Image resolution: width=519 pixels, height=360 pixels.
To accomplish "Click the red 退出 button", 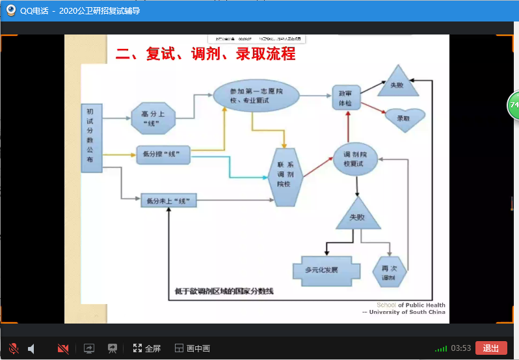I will [x=491, y=348].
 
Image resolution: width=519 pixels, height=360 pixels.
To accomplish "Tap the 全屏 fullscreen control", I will [x=147, y=348].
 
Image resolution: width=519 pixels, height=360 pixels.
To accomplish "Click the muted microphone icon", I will [x=13, y=348].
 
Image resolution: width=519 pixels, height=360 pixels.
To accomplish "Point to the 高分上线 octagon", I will [x=153, y=118].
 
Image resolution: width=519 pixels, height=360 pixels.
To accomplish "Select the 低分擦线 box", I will [x=163, y=154].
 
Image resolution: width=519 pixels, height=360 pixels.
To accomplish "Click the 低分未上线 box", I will [x=168, y=200].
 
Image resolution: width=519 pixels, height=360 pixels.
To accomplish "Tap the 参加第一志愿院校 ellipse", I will [x=256, y=96].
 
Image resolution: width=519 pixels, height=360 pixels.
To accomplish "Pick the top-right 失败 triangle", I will [x=396, y=82].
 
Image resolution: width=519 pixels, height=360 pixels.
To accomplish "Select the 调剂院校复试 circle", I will [x=357, y=158].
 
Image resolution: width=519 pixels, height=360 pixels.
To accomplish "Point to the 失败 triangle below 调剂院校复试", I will [x=357, y=214].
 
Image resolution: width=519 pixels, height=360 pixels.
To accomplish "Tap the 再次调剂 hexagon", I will [x=389, y=272].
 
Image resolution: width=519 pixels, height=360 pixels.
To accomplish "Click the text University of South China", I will [x=406, y=312].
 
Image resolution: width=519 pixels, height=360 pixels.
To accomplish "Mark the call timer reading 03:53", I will [x=460, y=348].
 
